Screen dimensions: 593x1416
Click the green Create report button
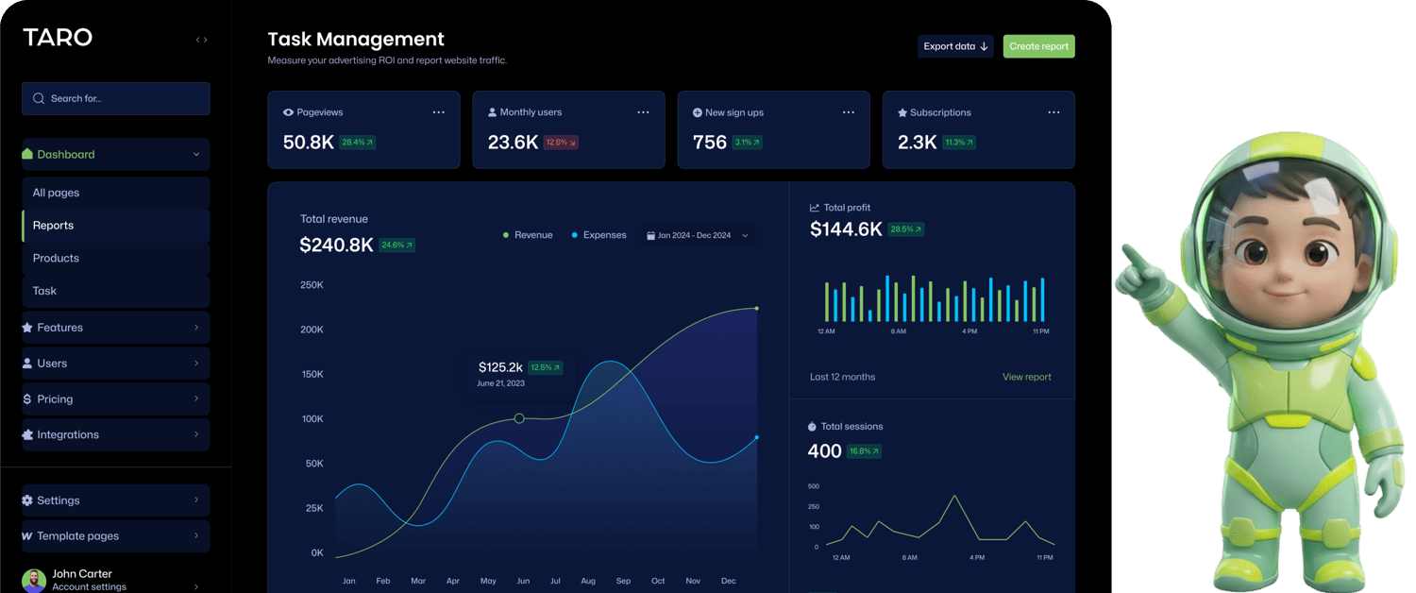tap(1038, 46)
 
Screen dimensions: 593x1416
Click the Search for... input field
tap(115, 98)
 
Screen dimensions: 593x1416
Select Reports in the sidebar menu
tap(53, 226)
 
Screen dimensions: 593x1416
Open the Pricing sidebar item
tap(55, 399)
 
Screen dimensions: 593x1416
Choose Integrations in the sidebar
tap(68, 435)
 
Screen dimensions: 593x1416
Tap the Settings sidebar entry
tap(59, 500)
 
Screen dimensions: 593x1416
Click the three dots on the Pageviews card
tap(438, 112)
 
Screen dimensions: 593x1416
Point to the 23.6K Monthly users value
tap(513, 143)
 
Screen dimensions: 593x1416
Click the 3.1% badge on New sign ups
tap(747, 143)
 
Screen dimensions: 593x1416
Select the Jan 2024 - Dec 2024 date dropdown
tap(697, 235)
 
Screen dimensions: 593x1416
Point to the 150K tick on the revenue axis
tap(312, 375)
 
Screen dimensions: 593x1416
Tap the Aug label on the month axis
tap(588, 581)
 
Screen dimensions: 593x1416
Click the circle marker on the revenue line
tap(519, 418)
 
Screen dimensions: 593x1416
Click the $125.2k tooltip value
tap(500, 367)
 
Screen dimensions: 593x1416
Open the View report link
tap(1026, 377)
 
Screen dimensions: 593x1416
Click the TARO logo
tap(58, 38)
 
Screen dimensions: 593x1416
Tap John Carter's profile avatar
tap(34, 580)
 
